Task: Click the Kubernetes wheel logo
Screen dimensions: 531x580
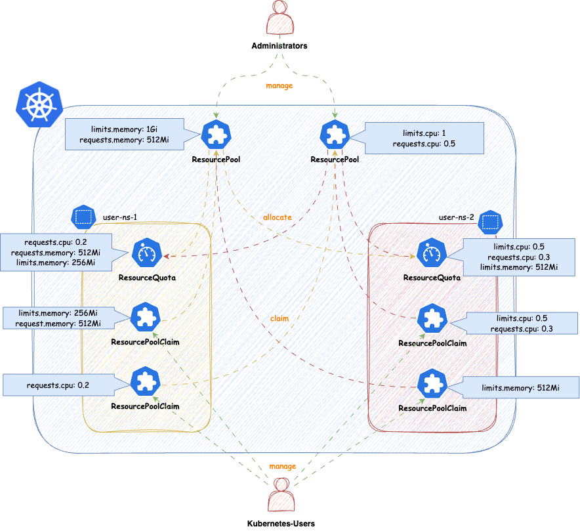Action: coord(39,105)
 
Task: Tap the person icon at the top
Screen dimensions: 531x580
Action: coord(281,17)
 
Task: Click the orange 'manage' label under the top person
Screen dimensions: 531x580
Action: coord(280,86)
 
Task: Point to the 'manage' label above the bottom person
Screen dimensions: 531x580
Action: coord(282,466)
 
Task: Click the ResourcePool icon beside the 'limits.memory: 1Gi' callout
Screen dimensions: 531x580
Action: coord(215,135)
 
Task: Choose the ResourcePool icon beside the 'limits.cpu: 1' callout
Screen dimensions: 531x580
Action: coord(335,135)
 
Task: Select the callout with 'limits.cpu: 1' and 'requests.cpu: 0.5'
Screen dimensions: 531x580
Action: coord(424,138)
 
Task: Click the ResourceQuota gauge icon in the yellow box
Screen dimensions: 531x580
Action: coord(146,253)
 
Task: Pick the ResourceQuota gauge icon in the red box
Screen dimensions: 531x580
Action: coord(432,253)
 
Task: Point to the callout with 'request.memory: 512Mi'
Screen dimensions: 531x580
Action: coord(62,318)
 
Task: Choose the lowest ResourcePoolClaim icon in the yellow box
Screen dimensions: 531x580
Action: coord(145,382)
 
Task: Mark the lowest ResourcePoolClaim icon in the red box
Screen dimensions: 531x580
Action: coord(432,383)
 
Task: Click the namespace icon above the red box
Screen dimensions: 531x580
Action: coord(489,223)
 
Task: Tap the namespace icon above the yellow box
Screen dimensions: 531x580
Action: coord(83,217)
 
